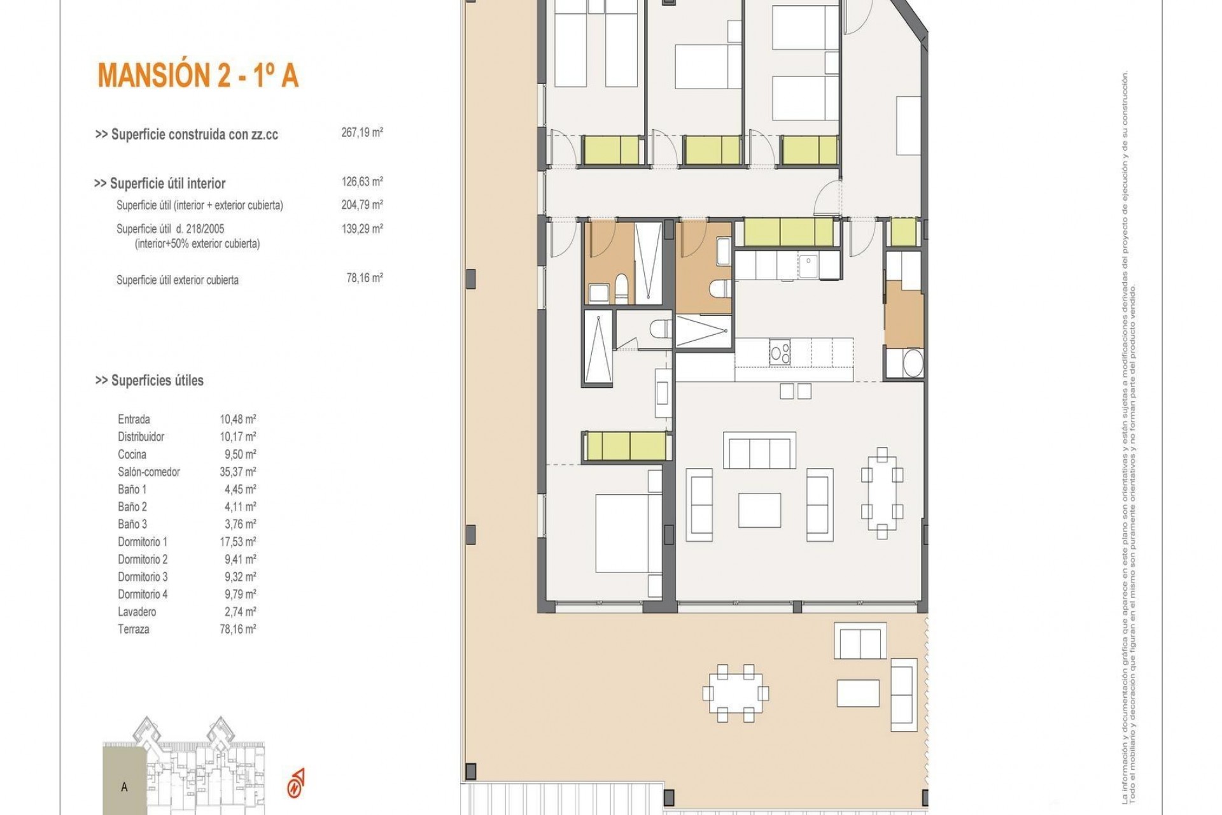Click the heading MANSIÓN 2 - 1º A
(198, 76)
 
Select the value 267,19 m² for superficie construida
(362, 133)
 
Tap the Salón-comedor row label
(149, 472)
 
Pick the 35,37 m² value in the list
(237, 472)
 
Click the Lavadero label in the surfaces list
(137, 612)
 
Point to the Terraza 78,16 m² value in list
(237, 629)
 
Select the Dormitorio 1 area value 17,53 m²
(237, 542)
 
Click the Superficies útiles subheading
(150, 381)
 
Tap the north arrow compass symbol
(296, 783)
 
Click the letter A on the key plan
(124, 787)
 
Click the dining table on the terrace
(735, 693)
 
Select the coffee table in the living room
(759, 509)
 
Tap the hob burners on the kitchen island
(780, 352)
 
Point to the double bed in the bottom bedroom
(622, 534)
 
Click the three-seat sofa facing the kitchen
(759, 451)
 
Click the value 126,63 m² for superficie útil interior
(362, 182)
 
